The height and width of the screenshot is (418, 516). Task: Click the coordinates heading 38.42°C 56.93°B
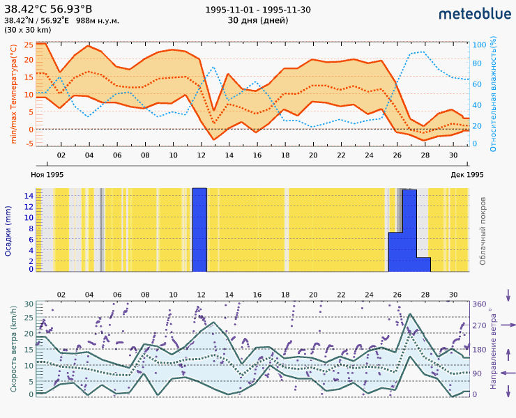tap(48, 9)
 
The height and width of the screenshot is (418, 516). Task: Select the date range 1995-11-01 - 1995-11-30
tap(258, 10)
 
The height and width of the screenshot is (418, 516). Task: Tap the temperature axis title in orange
tap(13, 93)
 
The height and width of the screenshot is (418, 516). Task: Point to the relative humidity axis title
tap(493, 95)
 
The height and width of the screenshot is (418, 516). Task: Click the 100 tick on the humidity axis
tap(479, 45)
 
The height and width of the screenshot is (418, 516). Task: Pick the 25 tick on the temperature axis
tap(29, 45)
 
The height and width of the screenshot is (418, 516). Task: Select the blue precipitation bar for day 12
tap(199, 230)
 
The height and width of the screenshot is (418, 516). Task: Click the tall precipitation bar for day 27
tap(409, 230)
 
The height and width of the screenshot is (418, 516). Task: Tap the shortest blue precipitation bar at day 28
tap(423, 264)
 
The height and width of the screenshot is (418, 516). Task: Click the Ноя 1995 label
tap(47, 174)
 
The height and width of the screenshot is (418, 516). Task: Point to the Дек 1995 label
tap(467, 174)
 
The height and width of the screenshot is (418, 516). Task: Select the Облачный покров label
tap(483, 230)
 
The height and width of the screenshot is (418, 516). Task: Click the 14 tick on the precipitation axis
tap(29, 196)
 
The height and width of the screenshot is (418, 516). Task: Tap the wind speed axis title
tap(13, 348)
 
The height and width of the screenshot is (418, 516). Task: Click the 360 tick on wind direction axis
tap(480, 304)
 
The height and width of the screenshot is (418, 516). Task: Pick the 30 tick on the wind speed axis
tap(29, 304)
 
